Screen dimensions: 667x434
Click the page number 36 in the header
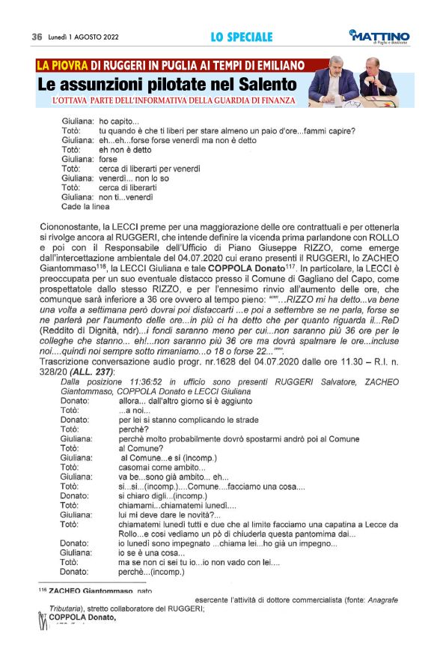pyautogui.click(x=36, y=37)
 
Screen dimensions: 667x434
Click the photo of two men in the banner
pyautogui.click(x=363, y=82)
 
